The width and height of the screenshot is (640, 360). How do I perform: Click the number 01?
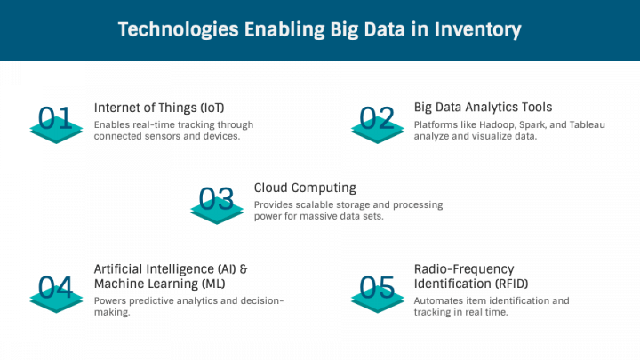[x=55, y=118]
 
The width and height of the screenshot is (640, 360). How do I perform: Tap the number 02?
[x=377, y=118]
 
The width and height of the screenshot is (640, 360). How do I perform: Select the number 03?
[x=216, y=198]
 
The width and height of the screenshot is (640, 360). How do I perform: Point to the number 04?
[x=55, y=287]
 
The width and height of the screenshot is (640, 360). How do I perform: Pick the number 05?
[x=377, y=287]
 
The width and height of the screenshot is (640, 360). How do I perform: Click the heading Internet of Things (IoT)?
[x=159, y=108]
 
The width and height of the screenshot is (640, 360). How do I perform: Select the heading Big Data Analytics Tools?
[x=483, y=108]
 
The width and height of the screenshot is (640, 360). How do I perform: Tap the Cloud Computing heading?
[x=305, y=188]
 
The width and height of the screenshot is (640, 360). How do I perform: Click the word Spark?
[x=532, y=125]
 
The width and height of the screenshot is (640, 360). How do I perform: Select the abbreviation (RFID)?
[x=512, y=284]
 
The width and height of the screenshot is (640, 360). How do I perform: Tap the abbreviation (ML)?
[x=213, y=284]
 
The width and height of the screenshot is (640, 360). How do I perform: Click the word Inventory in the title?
[x=477, y=30]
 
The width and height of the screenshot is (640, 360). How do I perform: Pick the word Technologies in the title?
[x=179, y=30]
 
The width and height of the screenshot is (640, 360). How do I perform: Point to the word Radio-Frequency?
[x=464, y=269]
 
